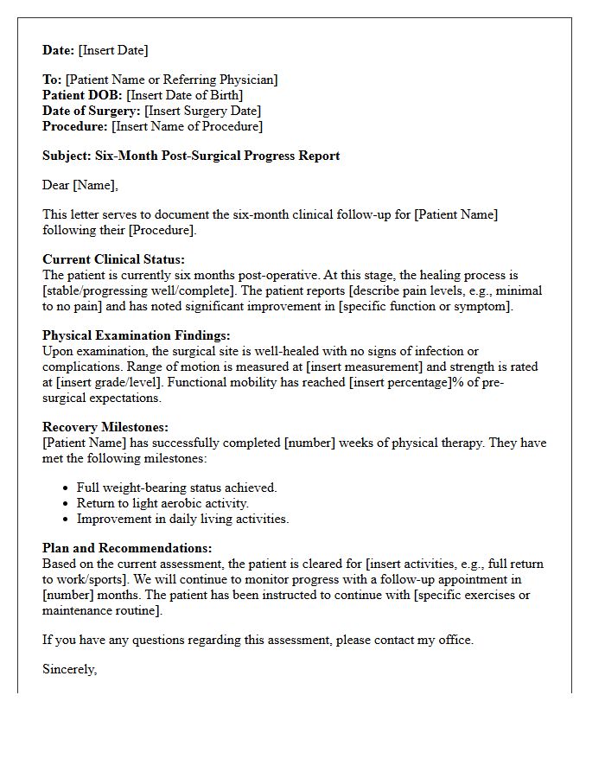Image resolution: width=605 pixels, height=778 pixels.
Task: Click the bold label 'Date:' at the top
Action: pos(59,50)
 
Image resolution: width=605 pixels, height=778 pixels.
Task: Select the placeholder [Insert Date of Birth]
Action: pos(185,95)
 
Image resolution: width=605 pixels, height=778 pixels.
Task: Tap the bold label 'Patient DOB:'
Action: pos(83,95)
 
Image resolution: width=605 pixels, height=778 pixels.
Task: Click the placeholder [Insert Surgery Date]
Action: pos(202,111)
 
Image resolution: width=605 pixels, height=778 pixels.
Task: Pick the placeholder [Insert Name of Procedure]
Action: pos(188,126)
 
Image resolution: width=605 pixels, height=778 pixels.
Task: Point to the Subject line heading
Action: pos(191,156)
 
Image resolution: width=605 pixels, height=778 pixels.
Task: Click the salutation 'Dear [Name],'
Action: pos(80,185)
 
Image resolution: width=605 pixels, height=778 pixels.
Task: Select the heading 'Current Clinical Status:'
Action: pos(113,259)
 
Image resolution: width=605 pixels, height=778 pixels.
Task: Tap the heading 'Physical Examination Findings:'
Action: pos(136,335)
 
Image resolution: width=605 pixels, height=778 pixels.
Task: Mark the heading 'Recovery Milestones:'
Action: pos(105,427)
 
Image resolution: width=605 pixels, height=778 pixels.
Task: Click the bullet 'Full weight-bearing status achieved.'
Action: pos(176,488)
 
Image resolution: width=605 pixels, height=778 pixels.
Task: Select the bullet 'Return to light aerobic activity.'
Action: pos(162,503)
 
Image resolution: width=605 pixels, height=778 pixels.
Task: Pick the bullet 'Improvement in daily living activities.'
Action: pos(182,519)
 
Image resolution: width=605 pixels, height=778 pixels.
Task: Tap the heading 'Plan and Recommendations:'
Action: pos(127,548)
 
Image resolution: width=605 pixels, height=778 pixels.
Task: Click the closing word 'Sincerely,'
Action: pos(70,669)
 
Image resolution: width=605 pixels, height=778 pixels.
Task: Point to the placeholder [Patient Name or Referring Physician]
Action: pos(172,80)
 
